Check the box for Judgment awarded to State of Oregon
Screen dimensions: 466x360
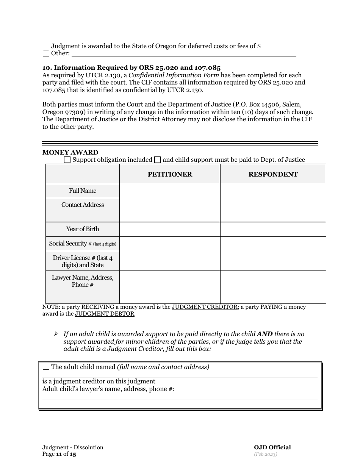point(46,46)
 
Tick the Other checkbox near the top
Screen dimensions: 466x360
point(46,53)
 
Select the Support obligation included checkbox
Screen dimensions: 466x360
point(67,160)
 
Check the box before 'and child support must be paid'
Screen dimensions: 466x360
point(158,160)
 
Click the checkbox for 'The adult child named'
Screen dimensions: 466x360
point(46,367)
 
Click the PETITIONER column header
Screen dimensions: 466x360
point(170,174)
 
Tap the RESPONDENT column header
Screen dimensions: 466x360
point(273,174)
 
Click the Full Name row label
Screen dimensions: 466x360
point(83,191)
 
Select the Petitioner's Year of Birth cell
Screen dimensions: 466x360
point(170,229)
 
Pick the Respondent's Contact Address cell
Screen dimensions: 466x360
point(273,210)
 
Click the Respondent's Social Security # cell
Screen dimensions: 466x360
point(273,244)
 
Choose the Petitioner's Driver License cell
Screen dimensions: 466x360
point(170,261)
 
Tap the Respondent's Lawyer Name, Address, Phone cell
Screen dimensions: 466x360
point(273,287)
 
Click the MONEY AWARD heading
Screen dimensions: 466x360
point(70,152)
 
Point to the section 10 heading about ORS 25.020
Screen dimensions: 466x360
point(131,68)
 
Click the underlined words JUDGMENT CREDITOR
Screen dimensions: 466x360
point(205,307)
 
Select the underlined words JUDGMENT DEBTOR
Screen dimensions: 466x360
point(105,314)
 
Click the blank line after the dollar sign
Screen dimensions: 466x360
point(279,47)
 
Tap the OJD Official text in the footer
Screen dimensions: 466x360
point(272,447)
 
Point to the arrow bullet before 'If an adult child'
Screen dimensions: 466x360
point(56,334)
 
